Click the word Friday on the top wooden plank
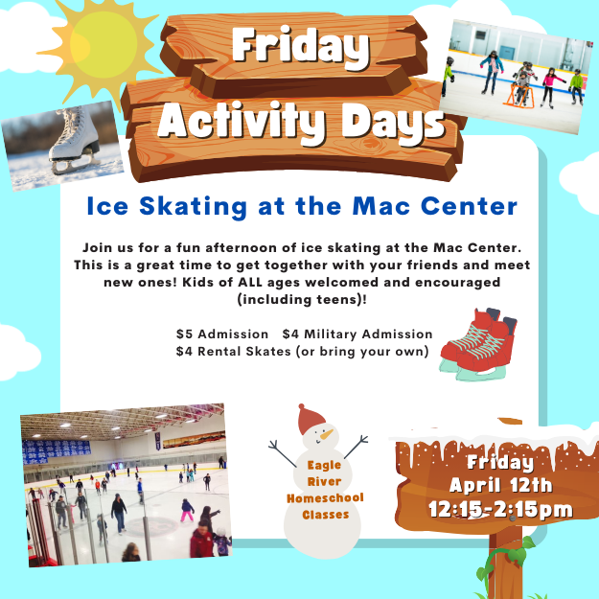coord(301,47)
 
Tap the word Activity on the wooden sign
coord(242,121)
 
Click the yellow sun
coord(102,46)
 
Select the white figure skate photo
coord(62,145)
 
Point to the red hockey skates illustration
coord(478,344)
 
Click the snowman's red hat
coord(311,420)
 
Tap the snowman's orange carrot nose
coord(327,434)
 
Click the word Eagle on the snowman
coord(324,465)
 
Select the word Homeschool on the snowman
coord(325,498)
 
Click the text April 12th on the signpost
coord(501,486)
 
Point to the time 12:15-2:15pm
coord(501,510)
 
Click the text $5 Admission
coord(222,334)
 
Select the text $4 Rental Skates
coord(234,352)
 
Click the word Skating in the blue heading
coord(193,207)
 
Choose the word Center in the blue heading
coord(469,206)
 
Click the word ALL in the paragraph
coord(250,283)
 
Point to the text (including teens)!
coord(302,299)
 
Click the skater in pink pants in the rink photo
coord(187,510)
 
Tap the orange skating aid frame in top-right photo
coord(517,96)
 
